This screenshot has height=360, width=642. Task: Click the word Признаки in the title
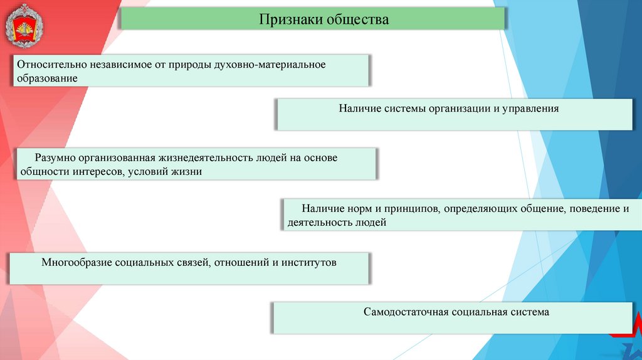pyautogui.click(x=290, y=19)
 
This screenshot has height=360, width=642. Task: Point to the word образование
pyautogui.click(x=48, y=78)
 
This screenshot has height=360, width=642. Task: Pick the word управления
pyautogui.click(x=530, y=109)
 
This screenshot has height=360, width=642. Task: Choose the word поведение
pyautogui.click(x=594, y=208)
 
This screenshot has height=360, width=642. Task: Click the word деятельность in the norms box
pyautogui.click(x=318, y=222)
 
